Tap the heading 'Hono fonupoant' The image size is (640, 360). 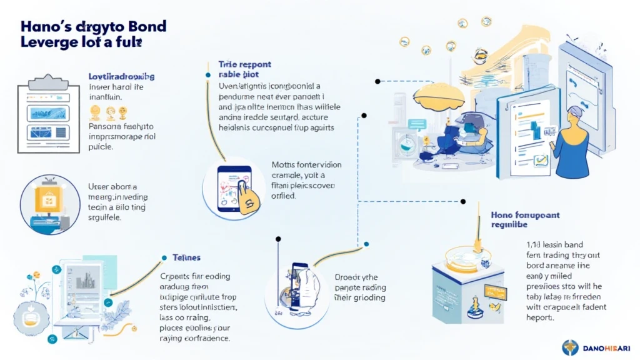pos(526,214)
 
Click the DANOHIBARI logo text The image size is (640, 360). pos(605,348)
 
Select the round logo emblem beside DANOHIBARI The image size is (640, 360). pos(570,347)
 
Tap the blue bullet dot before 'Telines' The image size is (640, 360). pos(164,257)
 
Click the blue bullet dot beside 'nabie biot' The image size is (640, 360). pos(207,75)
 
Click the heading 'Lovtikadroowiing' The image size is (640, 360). pos(122,76)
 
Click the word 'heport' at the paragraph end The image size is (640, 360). pos(539,317)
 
